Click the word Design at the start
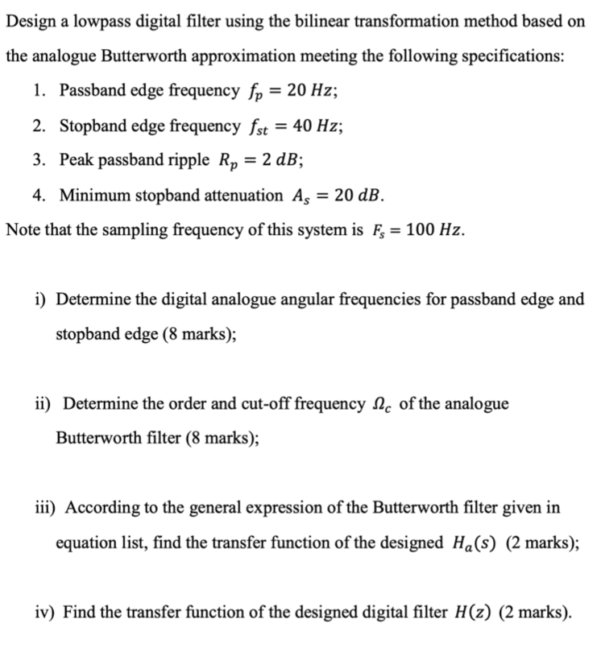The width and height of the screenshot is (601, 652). (x=30, y=22)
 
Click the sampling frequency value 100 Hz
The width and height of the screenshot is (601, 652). (x=433, y=229)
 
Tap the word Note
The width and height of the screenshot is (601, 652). (x=22, y=229)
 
